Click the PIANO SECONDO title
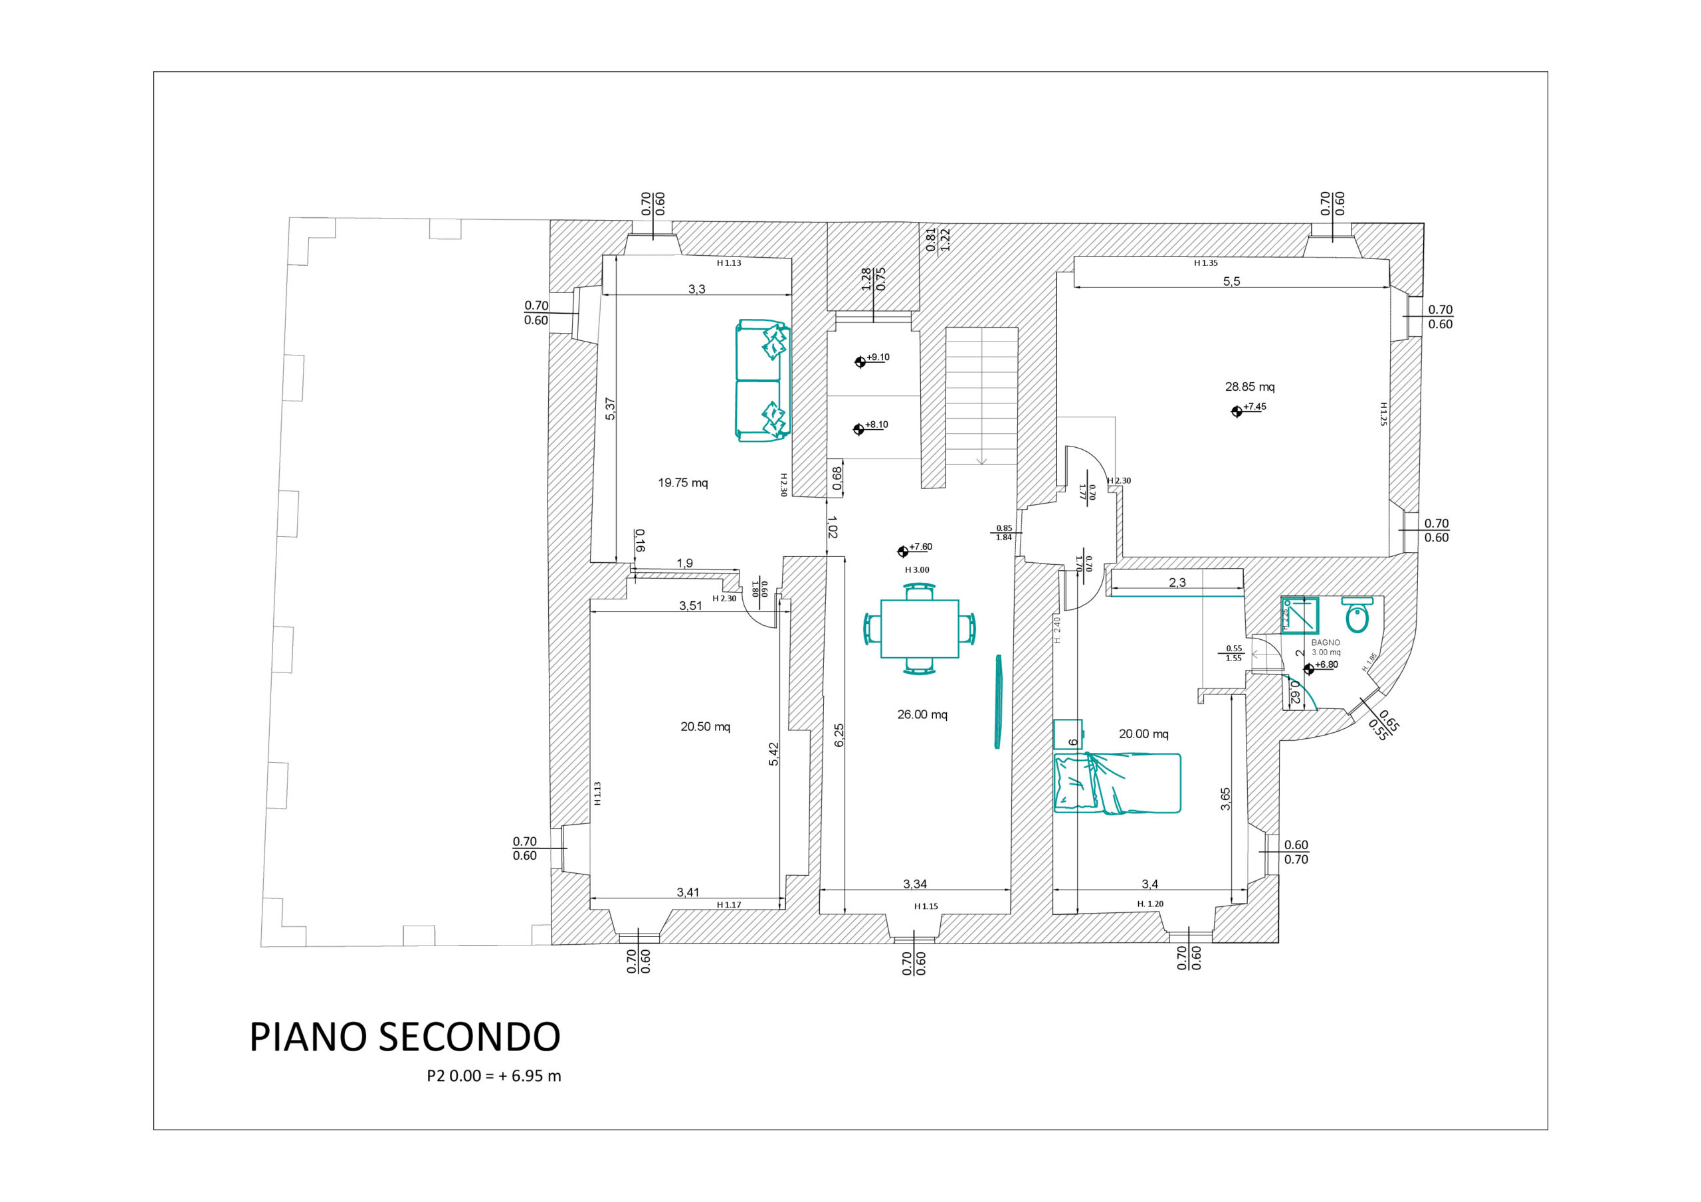tap(405, 1037)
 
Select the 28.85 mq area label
tap(1249, 387)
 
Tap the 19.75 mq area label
tap(682, 483)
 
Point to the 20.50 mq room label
tap(705, 727)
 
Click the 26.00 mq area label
tap(922, 715)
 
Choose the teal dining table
tap(920, 629)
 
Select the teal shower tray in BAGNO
tap(1300, 615)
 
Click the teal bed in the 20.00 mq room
tap(1116, 783)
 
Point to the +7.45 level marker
tap(1237, 411)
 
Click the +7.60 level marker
tap(902, 551)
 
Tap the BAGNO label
tap(1326, 643)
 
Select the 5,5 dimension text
tap(1231, 282)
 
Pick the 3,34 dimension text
tap(914, 884)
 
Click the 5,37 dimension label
tap(611, 409)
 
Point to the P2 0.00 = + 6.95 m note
tap(494, 1076)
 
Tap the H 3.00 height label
tap(916, 570)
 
